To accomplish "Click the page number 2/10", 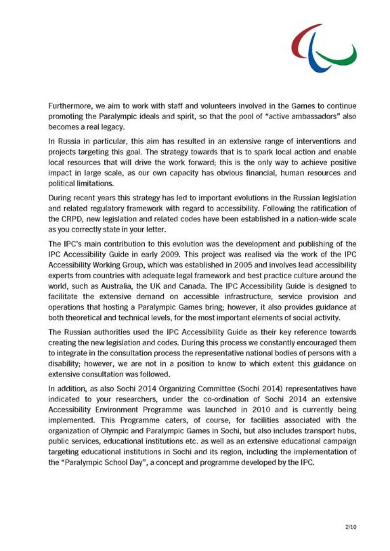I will [351, 527].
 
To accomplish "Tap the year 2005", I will [236, 265].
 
